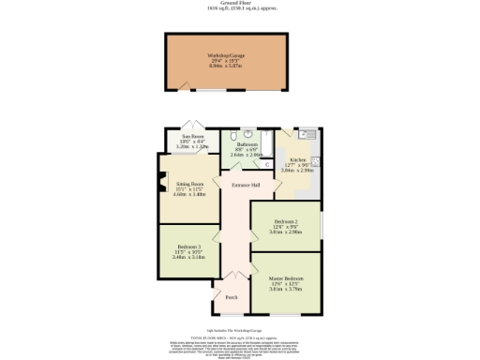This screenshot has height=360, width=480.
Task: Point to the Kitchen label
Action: [x=298, y=163]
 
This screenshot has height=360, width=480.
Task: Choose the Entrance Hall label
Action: [x=246, y=185]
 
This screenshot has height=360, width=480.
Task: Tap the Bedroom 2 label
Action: [x=286, y=224]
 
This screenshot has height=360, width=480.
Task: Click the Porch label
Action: [x=231, y=297]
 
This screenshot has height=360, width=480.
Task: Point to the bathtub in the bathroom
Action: [x=267, y=143]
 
